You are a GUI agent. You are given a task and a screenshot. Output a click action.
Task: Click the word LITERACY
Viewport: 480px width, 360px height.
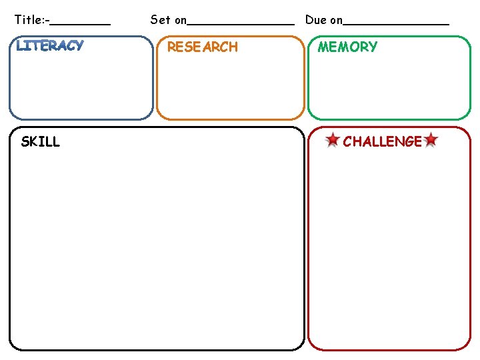50,46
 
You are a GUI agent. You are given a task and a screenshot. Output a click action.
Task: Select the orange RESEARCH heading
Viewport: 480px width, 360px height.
202,47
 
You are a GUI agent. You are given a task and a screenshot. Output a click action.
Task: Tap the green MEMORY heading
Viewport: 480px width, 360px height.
347,47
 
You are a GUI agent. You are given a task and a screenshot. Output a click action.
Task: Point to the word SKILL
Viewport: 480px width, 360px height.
40,141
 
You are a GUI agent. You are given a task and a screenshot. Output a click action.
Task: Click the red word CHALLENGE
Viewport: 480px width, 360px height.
382,141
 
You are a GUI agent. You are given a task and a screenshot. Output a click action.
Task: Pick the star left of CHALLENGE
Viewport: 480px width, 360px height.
332,141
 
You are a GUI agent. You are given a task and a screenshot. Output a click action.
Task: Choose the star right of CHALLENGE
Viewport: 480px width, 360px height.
431,141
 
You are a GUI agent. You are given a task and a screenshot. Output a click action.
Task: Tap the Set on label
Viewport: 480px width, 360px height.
168,19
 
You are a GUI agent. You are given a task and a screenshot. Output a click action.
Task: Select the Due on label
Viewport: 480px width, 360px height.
323,19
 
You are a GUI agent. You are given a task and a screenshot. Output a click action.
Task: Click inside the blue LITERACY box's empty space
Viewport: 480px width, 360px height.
81,87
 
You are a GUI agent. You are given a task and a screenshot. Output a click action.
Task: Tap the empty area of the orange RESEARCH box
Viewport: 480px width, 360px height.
230,87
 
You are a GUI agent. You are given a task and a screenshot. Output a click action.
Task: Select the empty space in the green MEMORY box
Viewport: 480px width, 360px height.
389,87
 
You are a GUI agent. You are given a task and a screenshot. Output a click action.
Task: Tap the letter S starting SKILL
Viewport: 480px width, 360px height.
25,141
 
